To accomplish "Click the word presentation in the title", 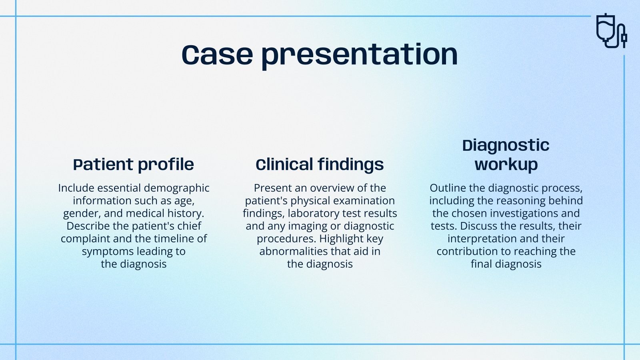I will (360, 56).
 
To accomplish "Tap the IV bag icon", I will (611, 31).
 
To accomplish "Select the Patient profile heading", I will (134, 164).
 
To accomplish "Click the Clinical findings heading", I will (320, 164).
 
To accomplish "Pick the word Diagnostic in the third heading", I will (506, 145).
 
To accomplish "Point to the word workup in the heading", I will (506, 164).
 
